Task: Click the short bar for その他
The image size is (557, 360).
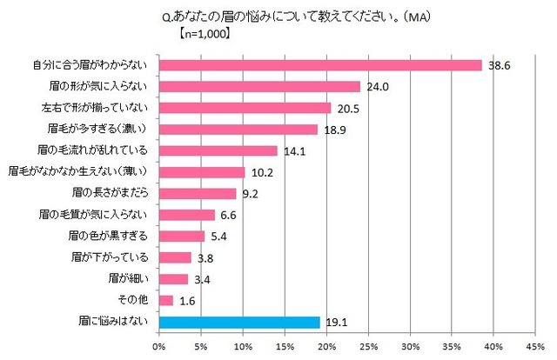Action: point(166,300)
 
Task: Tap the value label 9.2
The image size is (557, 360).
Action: point(249,194)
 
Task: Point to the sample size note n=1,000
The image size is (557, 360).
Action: point(197,37)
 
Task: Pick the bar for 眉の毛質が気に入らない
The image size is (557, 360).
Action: point(187,215)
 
